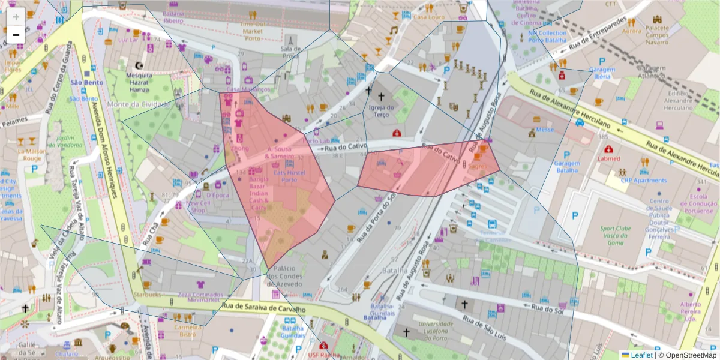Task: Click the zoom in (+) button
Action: point(16,17)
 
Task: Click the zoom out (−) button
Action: point(16,35)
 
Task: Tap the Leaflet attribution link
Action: point(641,355)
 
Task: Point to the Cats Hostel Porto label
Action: point(289,176)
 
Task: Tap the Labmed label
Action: point(609,159)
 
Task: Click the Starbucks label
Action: point(148,295)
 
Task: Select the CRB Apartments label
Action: point(643,180)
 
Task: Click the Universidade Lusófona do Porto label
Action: point(427,328)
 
